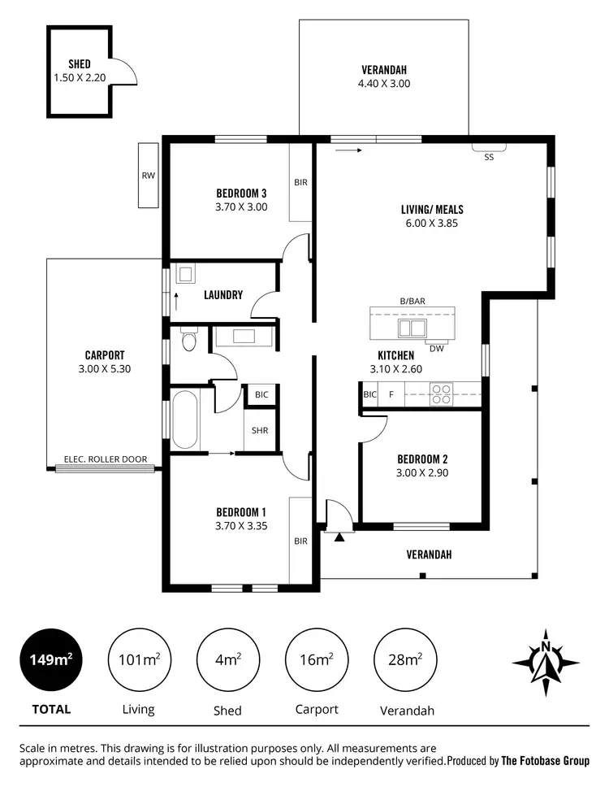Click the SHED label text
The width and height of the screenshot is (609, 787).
[80, 64]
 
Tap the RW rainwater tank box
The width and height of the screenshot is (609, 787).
[148, 175]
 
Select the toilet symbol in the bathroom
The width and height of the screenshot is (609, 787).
[188, 340]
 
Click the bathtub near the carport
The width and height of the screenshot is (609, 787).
[185, 419]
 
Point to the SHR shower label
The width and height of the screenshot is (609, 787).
[260, 431]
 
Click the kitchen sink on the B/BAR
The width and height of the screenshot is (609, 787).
[412, 328]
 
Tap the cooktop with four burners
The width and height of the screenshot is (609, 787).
[442, 394]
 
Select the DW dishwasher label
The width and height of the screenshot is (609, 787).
[436, 349]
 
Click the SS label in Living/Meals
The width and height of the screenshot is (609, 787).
[489, 158]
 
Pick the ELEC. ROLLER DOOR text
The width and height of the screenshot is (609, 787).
[106, 459]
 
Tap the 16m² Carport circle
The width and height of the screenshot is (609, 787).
[316, 659]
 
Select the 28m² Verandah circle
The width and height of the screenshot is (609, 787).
[404, 659]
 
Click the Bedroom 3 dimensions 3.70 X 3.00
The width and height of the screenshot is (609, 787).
[241, 207]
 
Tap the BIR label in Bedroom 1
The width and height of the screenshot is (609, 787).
[300, 541]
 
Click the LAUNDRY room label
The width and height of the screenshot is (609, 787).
[223, 295]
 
